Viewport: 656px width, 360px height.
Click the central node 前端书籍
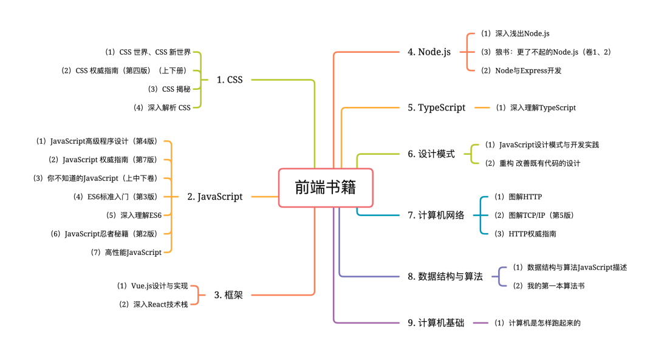pyautogui.click(x=326, y=188)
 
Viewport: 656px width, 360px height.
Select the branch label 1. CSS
pyautogui.click(x=229, y=80)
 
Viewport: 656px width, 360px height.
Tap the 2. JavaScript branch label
pyautogui.click(x=214, y=196)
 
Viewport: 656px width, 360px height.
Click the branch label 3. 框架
pyautogui.click(x=228, y=295)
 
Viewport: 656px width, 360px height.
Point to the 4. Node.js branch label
pyautogui.click(x=429, y=52)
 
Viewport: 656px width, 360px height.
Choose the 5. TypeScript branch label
pyautogui.click(x=436, y=107)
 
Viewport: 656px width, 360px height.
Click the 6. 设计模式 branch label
pyautogui.click(x=431, y=154)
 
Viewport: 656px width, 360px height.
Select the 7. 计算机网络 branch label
pyautogui.click(x=436, y=215)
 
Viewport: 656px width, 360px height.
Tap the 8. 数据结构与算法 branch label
pyautogui.click(x=445, y=276)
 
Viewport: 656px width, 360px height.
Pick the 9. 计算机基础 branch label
pyautogui.click(x=436, y=323)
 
